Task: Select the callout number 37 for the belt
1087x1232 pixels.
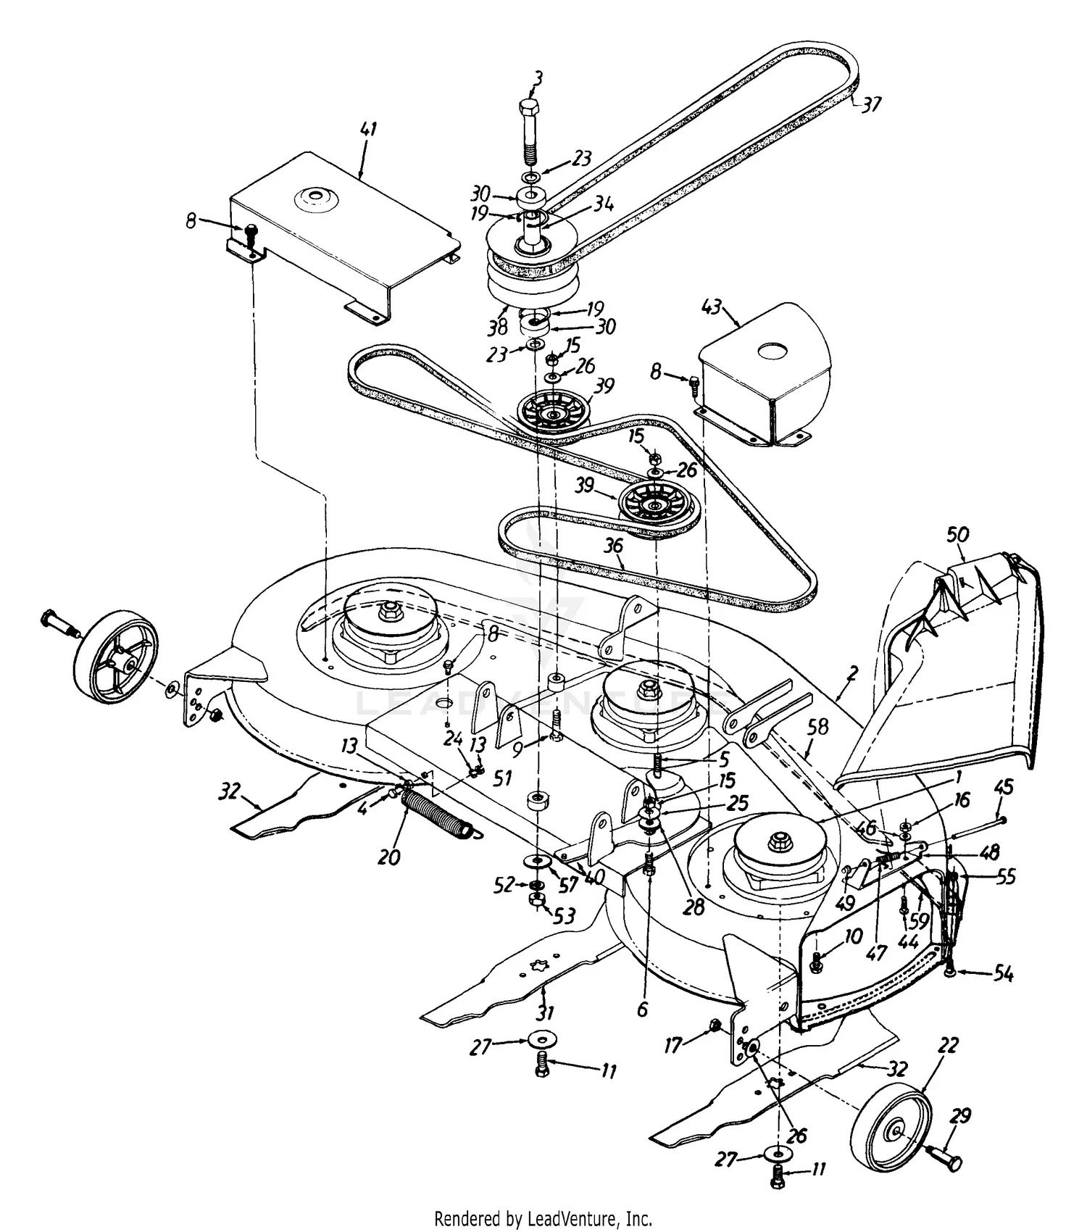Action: (871, 105)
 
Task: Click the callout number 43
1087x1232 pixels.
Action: (712, 307)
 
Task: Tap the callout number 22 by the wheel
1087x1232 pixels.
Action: (948, 1046)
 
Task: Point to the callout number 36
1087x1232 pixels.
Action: (614, 545)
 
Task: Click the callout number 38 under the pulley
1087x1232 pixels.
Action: (497, 328)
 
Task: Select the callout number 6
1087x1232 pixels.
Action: (642, 1010)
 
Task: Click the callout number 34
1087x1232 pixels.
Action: (603, 205)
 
